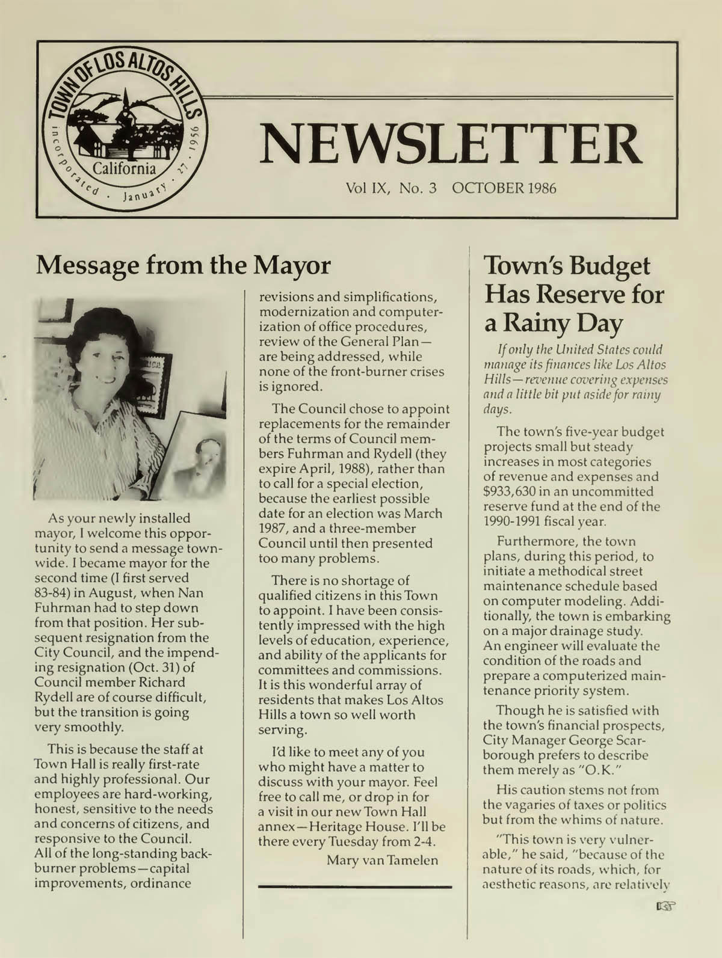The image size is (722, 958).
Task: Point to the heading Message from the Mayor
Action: (x=184, y=265)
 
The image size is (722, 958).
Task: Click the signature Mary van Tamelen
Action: (x=382, y=861)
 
